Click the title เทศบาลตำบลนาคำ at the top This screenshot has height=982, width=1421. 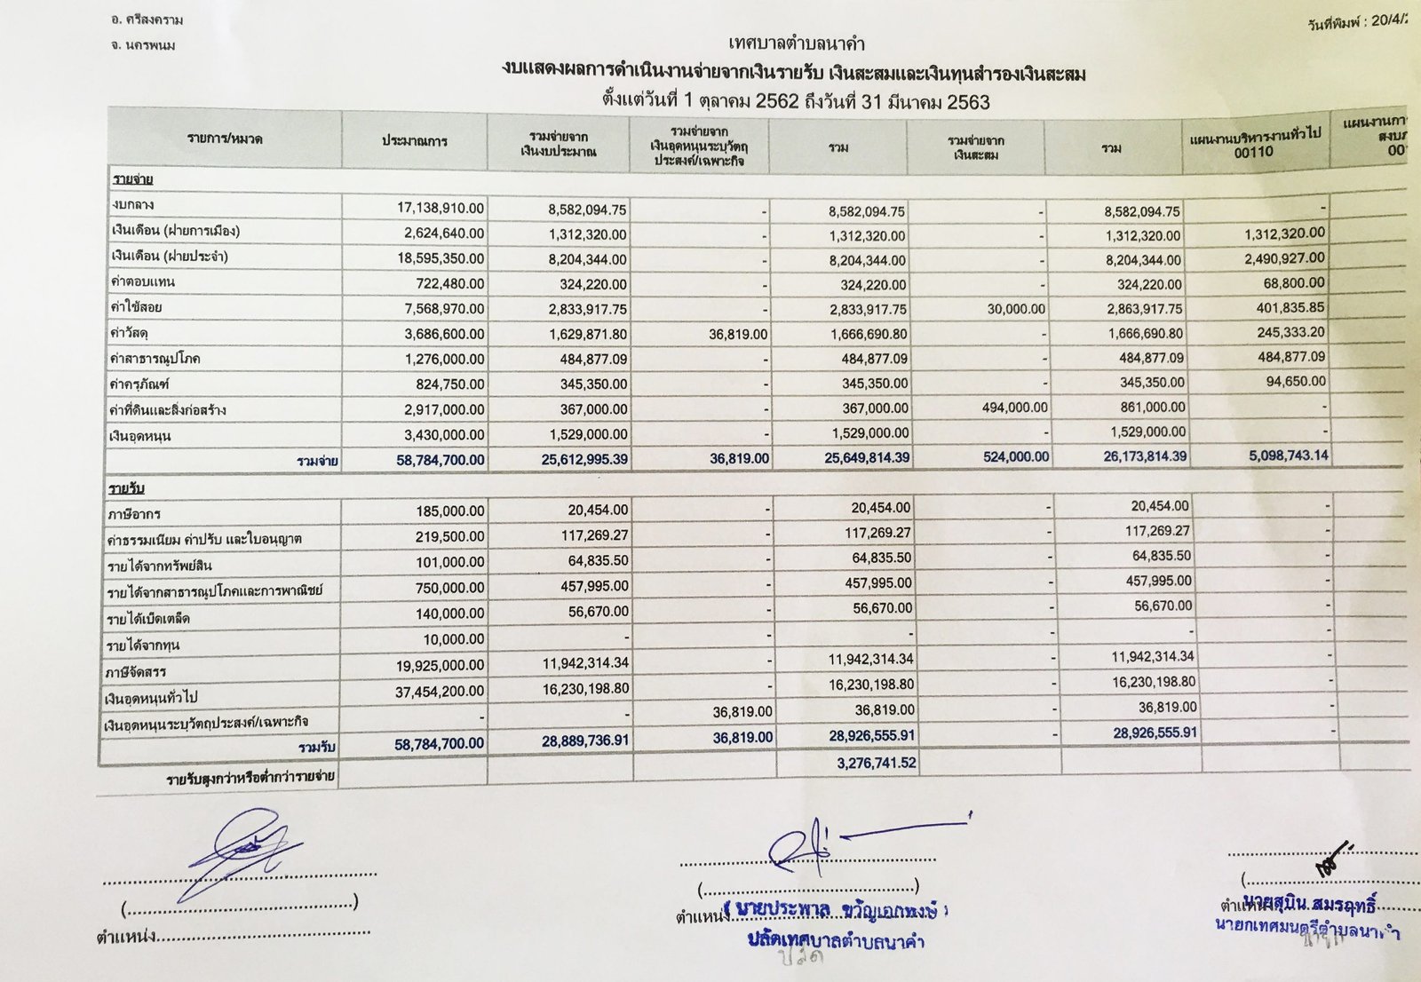tap(796, 44)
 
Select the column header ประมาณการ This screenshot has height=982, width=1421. tap(415, 142)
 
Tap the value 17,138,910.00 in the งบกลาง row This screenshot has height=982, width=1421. tap(441, 208)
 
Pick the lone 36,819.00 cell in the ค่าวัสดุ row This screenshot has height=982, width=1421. tap(735, 335)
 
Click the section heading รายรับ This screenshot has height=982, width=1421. tap(127, 489)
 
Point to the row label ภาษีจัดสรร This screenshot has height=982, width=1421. tap(137, 671)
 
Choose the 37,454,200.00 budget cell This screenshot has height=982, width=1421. tap(438, 692)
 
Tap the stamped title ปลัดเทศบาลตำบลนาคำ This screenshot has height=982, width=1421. tap(835, 940)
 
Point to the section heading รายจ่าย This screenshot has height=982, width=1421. tap(132, 180)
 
